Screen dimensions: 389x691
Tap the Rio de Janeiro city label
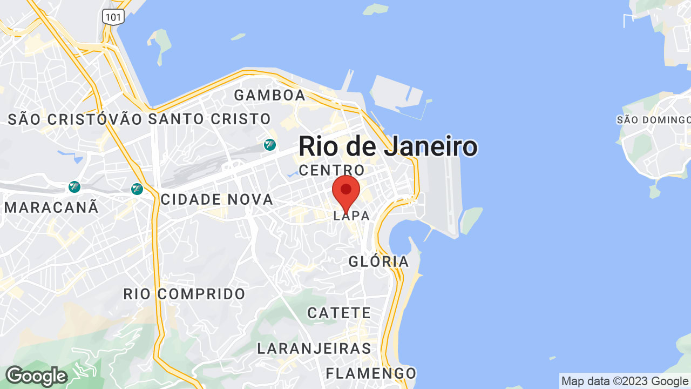point(388,146)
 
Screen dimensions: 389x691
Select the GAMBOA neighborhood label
point(270,96)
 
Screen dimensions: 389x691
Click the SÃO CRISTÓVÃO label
point(76,119)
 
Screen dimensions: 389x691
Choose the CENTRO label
point(331,170)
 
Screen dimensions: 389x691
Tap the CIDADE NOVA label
point(217,199)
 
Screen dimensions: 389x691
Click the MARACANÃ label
point(51,207)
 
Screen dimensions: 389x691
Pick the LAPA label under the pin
point(352,216)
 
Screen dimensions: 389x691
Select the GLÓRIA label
point(378,262)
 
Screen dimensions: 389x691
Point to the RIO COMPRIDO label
point(185,294)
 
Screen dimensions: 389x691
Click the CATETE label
point(339,313)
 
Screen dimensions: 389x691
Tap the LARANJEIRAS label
point(314,348)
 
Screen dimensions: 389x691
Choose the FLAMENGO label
point(371,373)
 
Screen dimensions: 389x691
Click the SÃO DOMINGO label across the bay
point(653,120)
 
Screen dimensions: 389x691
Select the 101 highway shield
point(113,17)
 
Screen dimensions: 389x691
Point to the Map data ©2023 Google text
point(625,381)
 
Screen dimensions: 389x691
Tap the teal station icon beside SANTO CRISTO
point(270,145)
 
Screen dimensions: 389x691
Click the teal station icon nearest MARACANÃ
point(74,187)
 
